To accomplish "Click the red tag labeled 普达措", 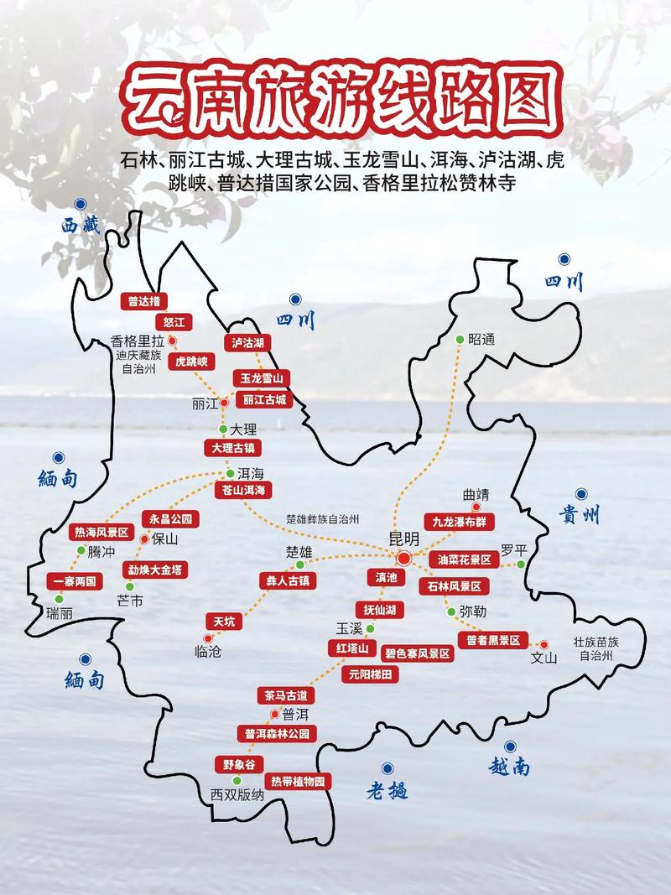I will [144, 301].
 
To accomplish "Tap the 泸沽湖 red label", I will [248, 342].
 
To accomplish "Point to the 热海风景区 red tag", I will [101, 532].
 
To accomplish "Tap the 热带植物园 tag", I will [296, 781].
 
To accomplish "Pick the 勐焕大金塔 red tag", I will [154, 569].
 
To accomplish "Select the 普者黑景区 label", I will [490, 640].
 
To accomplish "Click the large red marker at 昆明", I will [403, 559].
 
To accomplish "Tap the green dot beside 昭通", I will [460, 339].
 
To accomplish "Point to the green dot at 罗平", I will [521, 565].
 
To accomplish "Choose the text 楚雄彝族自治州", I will [323, 519].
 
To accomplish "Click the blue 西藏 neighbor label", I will [80, 224].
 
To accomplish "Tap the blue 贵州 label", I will [579, 516].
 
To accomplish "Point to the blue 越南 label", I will [509, 765].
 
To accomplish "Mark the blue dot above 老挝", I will [388, 768].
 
